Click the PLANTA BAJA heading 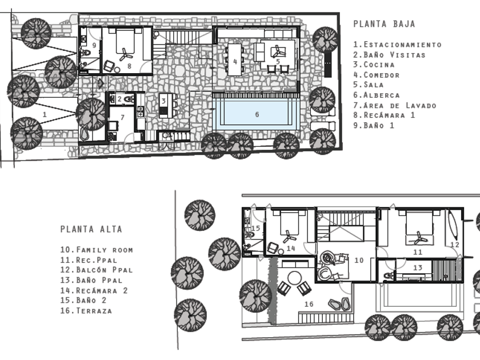(x=384, y=24)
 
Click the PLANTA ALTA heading (x=91, y=229)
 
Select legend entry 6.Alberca (x=377, y=95)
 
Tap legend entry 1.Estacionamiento (x=397, y=45)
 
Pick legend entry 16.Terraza (x=86, y=311)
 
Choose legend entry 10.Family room (x=97, y=250)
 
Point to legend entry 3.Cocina (x=374, y=65)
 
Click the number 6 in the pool (x=257, y=114)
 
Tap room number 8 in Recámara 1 (x=130, y=66)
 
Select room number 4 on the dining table (x=235, y=62)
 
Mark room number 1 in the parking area (x=45, y=114)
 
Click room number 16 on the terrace (x=309, y=304)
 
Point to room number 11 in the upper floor (x=418, y=252)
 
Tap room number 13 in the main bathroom (x=418, y=268)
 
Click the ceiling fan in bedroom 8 (x=125, y=54)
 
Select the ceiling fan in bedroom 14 (x=289, y=237)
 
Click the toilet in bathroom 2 (x=130, y=99)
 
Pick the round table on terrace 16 (x=294, y=278)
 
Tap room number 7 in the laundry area (x=122, y=117)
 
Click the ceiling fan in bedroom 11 (x=418, y=238)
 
